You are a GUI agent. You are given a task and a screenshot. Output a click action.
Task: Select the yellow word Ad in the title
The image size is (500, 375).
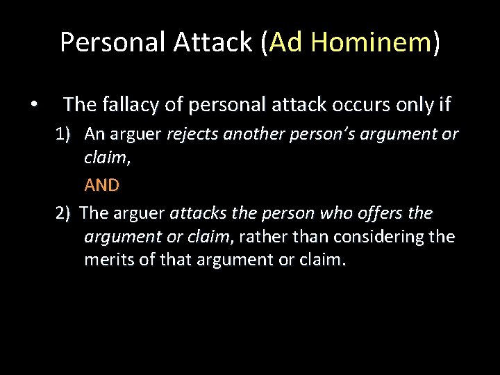[287, 42]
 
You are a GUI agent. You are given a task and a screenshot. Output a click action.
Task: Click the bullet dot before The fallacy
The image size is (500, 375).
[33, 106]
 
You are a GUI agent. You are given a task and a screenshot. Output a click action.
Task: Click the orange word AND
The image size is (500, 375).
[101, 185]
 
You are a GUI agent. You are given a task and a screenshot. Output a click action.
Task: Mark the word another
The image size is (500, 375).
[250, 134]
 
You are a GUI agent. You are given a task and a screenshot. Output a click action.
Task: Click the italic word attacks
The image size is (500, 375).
[194, 213]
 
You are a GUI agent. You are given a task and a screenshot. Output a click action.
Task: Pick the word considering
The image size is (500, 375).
[379, 237]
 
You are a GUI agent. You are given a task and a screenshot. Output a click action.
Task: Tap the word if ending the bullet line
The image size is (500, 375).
[444, 105]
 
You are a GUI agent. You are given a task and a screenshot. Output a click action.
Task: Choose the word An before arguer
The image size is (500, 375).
[94, 134]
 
